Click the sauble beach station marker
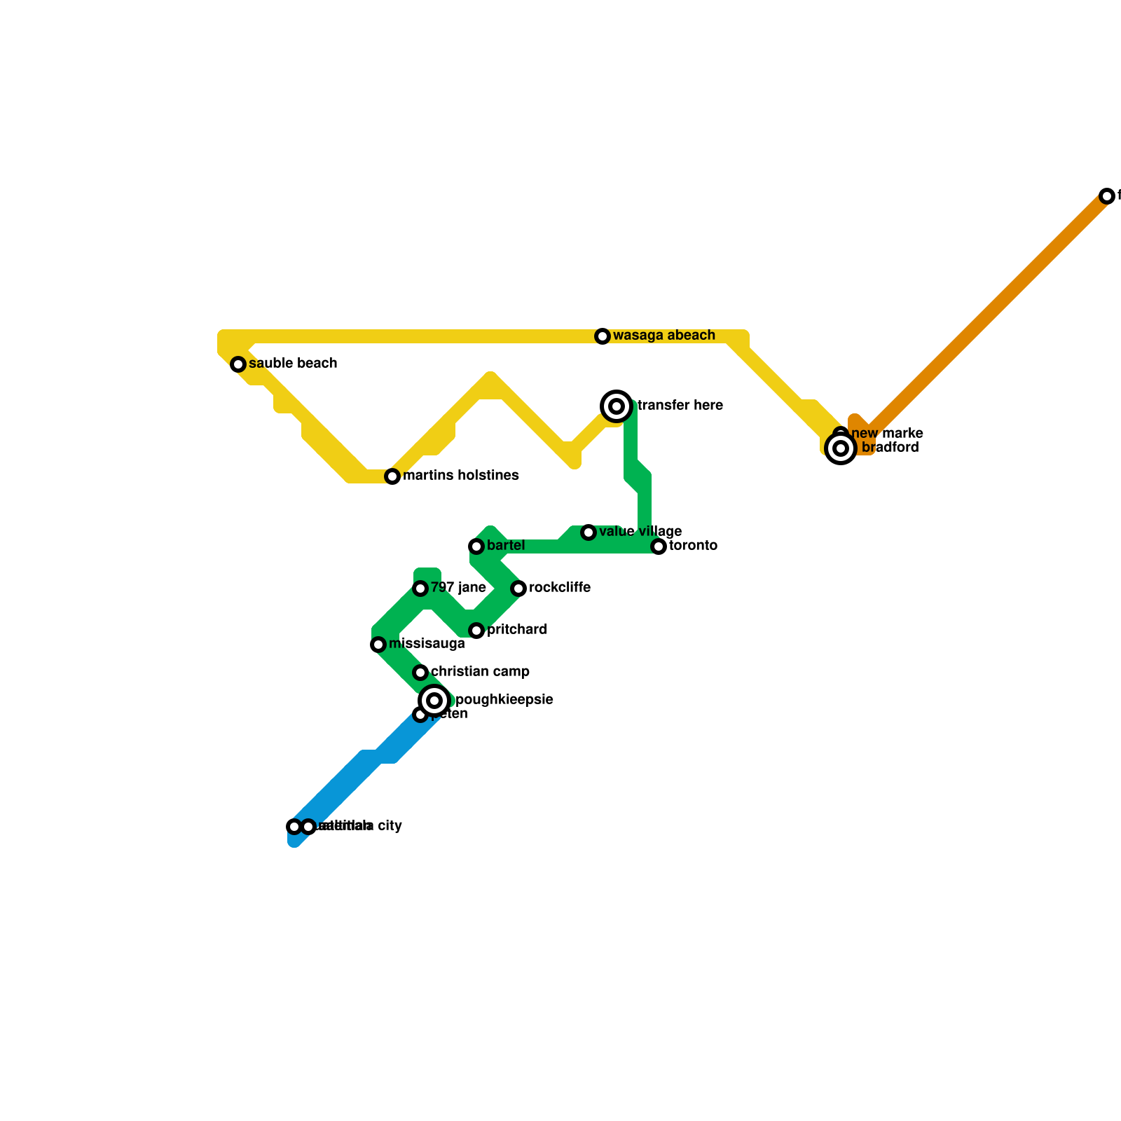tap(238, 364)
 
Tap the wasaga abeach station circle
tap(603, 336)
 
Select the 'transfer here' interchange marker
tap(617, 406)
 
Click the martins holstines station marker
tap(392, 476)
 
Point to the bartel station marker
tap(476, 546)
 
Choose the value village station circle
tap(589, 532)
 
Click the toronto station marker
tap(659, 546)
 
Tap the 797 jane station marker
tap(420, 589)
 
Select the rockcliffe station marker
tap(518, 589)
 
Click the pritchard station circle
tap(476, 631)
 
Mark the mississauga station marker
tap(378, 645)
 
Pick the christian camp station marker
tap(420, 673)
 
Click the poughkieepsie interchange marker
tap(434, 701)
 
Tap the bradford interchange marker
tap(841, 448)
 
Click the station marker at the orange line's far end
tap(1107, 196)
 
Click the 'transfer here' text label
tap(680, 406)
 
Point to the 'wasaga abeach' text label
tap(663, 336)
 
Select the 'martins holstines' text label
tap(460, 476)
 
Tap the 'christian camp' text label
tap(480, 672)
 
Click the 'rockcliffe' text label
tap(559, 588)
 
